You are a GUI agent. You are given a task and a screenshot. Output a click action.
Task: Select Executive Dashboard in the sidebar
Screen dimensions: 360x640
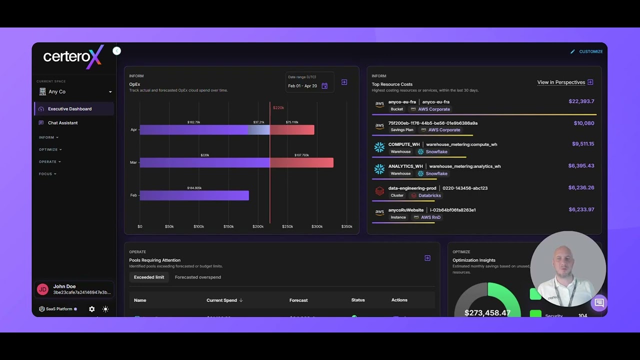pos(69,109)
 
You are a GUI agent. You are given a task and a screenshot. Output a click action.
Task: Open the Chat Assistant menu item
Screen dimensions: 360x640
pos(62,123)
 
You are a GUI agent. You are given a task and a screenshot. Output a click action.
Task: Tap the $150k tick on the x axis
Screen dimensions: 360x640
pos(228,226)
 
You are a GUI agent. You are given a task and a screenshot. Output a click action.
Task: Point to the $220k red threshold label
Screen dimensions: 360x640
pos(278,108)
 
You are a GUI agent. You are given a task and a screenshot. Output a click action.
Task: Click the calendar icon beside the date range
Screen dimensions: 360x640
pos(324,86)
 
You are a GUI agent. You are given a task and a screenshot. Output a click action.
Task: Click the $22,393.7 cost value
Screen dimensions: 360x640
pos(581,101)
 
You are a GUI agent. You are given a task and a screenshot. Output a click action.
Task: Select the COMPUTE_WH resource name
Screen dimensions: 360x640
pos(404,144)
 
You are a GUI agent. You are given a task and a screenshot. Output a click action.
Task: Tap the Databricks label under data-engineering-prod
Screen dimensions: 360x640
pos(429,195)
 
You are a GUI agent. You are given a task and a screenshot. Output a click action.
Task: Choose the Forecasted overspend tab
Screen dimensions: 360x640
pos(197,277)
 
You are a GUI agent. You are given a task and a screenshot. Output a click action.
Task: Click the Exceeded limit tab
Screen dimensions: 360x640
pos(148,277)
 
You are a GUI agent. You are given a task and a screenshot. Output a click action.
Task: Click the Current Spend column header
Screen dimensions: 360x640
pos(221,300)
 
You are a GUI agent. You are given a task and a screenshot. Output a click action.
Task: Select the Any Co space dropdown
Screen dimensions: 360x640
pos(75,92)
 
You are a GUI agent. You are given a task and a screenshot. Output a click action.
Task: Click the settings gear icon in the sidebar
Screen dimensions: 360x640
pos(92,309)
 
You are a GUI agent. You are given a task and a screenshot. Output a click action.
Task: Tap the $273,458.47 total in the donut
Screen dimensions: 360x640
pos(487,313)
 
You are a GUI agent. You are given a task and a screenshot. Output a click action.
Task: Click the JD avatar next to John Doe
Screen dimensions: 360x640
pos(43,289)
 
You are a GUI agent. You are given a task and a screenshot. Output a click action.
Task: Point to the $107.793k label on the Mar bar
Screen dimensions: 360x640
pos(301,155)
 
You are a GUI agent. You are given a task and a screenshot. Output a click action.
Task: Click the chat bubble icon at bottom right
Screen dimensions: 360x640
pos(599,303)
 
